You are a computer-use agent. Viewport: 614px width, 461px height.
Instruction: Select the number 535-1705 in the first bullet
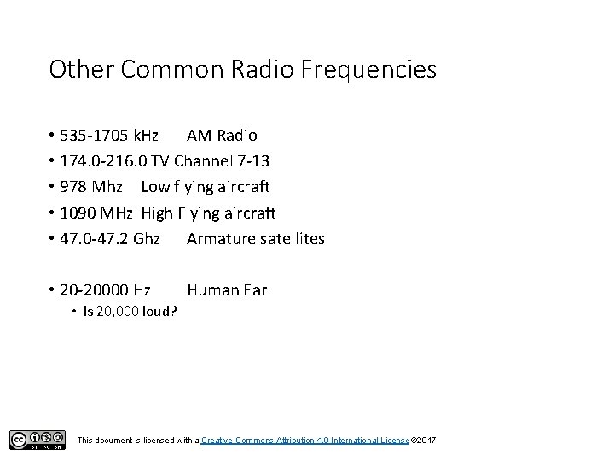tap(96, 135)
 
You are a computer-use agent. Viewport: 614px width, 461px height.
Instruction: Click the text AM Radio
tap(222, 135)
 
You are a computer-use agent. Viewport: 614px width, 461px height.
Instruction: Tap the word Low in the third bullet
tap(155, 186)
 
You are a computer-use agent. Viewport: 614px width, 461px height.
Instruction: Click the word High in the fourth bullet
tap(159, 213)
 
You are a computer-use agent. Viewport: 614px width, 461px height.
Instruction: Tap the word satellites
tap(293, 238)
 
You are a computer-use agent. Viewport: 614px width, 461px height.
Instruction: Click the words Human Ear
tap(227, 290)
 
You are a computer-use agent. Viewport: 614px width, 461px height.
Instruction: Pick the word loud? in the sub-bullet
tap(158, 311)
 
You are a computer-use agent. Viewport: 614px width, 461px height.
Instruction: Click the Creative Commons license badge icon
tap(37, 439)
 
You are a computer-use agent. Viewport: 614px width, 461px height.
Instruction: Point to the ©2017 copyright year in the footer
tap(424, 440)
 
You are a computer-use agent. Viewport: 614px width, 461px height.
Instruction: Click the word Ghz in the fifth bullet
tap(146, 238)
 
